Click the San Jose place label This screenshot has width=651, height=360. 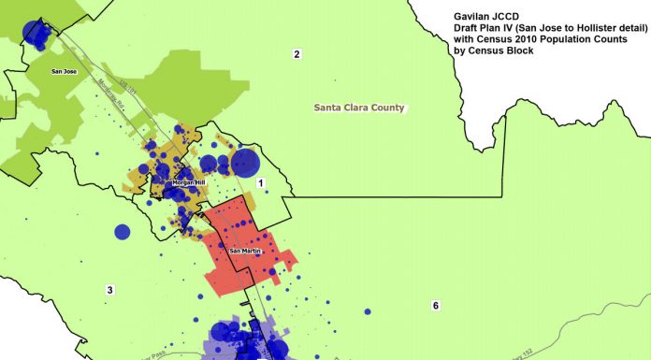[64, 70]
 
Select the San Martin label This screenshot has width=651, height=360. [245, 251]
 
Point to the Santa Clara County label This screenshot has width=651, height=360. [358, 108]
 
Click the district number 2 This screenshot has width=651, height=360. [297, 55]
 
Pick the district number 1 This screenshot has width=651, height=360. [261, 182]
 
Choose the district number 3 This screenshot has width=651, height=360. [109, 291]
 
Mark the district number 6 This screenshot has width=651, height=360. [435, 306]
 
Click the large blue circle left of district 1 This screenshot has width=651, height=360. [244, 163]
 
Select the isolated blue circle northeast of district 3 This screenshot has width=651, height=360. [122, 231]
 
